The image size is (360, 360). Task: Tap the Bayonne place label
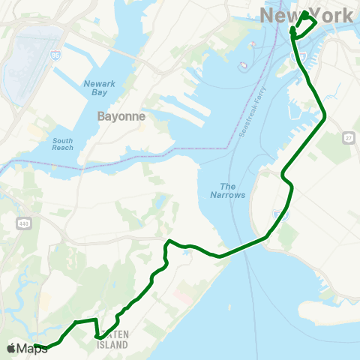(121, 117)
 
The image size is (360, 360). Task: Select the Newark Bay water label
(100, 88)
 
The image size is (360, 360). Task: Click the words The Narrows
(232, 190)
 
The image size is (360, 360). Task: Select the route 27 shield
(348, 138)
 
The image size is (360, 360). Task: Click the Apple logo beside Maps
(10, 348)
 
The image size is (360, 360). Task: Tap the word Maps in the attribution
(31, 348)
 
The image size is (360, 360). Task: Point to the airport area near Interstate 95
(24, 64)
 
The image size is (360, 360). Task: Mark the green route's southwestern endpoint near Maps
(36, 346)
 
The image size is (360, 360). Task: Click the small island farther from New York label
(242, 66)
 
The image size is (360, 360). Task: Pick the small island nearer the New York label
(251, 43)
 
